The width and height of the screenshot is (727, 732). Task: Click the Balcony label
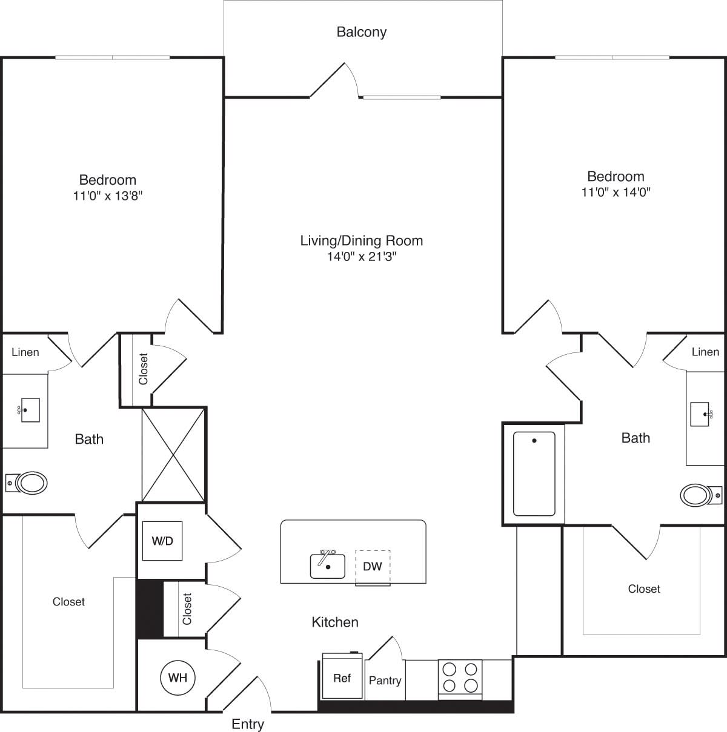pos(361,32)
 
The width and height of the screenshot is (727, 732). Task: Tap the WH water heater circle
pos(178,678)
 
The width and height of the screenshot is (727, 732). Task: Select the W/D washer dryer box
pos(162,541)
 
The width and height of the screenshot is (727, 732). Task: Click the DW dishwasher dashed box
pos(373,567)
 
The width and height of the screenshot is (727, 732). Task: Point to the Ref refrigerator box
pos(342,678)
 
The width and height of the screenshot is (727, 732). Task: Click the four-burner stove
pos(460,678)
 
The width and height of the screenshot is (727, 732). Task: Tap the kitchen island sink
pos(328,565)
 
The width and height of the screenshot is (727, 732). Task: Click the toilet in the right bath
pos(699,495)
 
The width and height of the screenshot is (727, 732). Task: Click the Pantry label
pos(385,681)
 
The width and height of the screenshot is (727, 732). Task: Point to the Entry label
pos(248,724)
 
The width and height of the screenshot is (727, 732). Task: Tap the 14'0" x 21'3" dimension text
pos(362,257)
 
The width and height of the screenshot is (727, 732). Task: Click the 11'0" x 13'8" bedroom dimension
pos(108,196)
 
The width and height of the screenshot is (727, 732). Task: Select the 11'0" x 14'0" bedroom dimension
pos(616,193)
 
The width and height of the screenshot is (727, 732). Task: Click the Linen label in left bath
pos(25,352)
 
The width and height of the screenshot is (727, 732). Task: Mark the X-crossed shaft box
pos(173,455)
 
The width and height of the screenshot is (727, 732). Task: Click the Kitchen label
pos(335,622)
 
